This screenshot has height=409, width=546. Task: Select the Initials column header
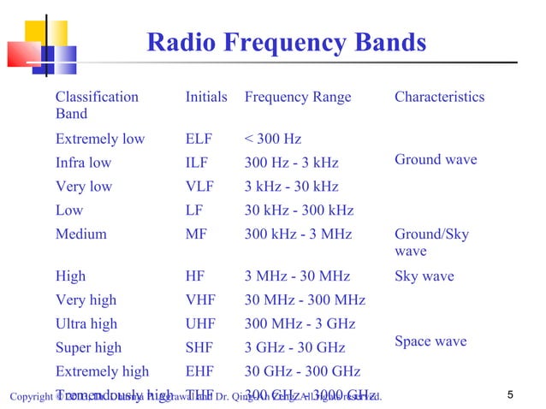tap(206, 97)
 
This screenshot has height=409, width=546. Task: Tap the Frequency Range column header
tap(298, 97)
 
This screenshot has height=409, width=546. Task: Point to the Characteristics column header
tap(439, 97)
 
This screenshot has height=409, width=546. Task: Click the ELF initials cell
tap(199, 139)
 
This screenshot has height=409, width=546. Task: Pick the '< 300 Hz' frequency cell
tap(273, 139)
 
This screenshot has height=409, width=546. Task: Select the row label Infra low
tap(83, 163)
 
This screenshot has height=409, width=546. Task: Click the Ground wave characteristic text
tap(436, 159)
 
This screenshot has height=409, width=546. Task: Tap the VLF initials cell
tap(201, 187)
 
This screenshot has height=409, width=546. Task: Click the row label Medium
tap(81, 234)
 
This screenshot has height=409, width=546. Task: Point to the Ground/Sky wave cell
tap(431, 242)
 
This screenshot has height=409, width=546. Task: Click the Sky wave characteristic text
tap(424, 276)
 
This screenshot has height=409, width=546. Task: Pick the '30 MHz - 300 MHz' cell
tap(305, 300)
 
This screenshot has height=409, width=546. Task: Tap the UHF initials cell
tap(202, 324)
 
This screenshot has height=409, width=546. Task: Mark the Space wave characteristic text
tap(430, 341)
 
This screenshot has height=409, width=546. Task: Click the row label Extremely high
tap(102, 371)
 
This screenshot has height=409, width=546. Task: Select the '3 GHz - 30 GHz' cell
tap(295, 347)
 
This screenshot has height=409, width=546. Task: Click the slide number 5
tap(510, 394)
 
